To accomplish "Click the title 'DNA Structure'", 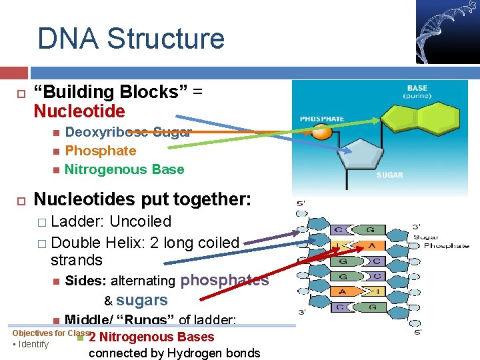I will point(131,39).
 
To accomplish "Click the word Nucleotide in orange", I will point(79,111).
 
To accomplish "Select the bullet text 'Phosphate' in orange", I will point(100,151).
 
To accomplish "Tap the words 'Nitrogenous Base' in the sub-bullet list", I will point(124,169).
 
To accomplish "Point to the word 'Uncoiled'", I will point(140,221).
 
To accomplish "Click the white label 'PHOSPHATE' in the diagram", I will point(322,119).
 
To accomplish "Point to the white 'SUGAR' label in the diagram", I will point(390,175).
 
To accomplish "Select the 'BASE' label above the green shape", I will point(418,87).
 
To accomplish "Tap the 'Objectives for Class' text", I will point(51,333).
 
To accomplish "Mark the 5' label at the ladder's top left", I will point(301,204).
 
